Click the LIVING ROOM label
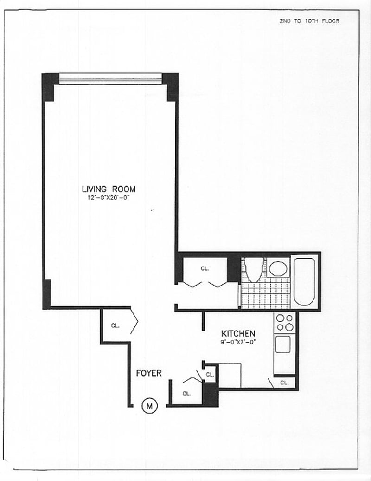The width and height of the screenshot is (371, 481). click(109, 189)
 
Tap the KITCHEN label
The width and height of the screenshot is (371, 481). click(238, 333)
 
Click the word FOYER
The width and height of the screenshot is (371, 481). click(148, 373)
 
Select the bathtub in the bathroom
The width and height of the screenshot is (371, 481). click(304, 281)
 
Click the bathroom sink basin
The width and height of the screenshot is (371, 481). click(278, 269)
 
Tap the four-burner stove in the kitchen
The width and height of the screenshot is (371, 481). click(285, 323)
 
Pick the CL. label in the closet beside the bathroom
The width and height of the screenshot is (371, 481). click(204, 268)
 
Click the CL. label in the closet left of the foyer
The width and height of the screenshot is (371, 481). click(115, 325)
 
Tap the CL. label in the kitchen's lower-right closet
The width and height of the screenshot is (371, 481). click(285, 383)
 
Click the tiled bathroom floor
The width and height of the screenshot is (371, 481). click(263, 294)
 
